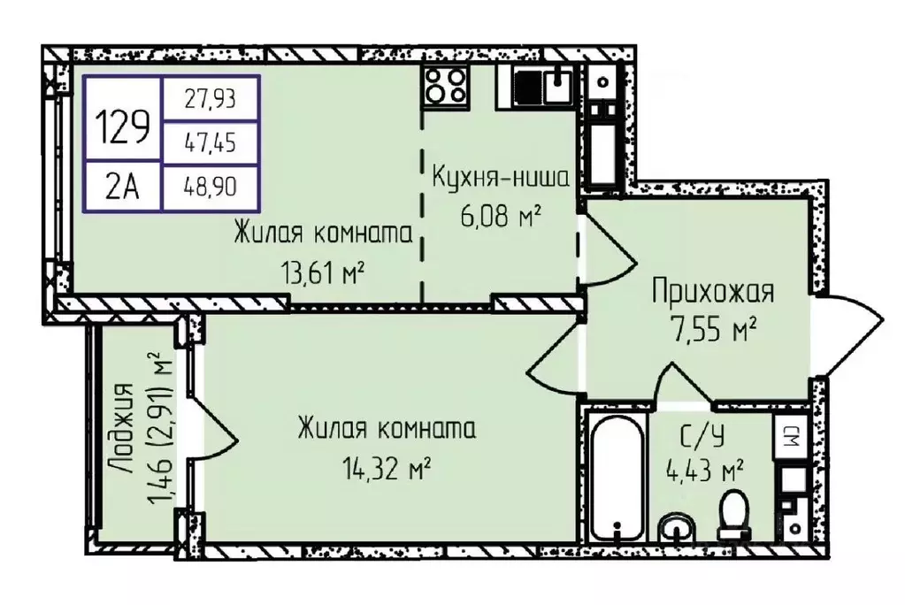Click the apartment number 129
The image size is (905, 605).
click(123, 130)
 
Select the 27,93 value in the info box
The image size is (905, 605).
click(211, 100)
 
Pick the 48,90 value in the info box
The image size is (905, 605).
click(211, 187)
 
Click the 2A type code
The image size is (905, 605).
click(123, 187)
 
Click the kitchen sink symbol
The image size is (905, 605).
click(557, 86)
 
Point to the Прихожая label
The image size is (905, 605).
click(713, 292)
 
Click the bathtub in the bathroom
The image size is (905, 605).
click(617, 479)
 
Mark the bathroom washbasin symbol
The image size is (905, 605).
click(679, 529)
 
